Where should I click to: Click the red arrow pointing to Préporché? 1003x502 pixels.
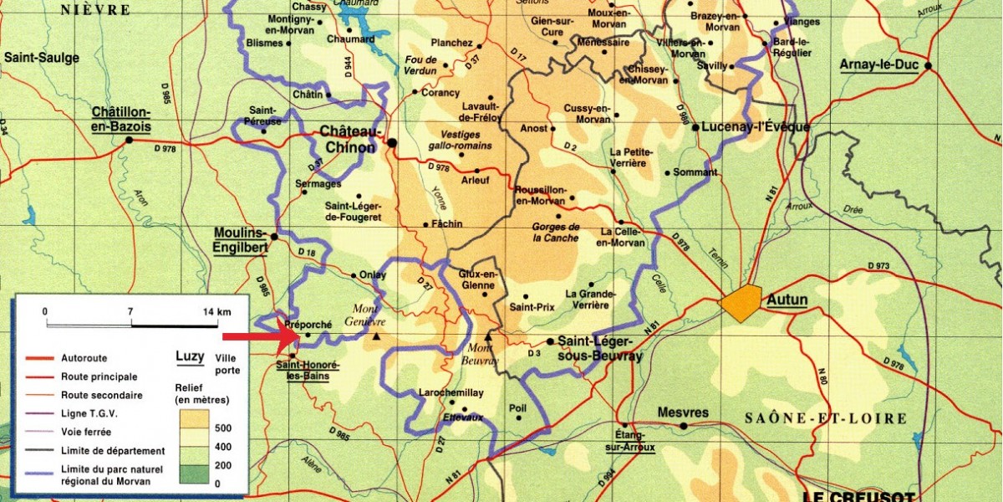[x=260, y=336]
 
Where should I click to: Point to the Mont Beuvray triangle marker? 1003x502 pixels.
[x=489, y=336]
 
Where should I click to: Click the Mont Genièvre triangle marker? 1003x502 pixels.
[x=378, y=336]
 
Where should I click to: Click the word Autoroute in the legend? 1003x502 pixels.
[x=84, y=357]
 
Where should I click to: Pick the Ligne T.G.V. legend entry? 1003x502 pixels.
[x=89, y=413]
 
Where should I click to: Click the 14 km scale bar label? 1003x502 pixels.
[x=217, y=311]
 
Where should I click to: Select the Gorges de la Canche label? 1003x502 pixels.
[x=556, y=232]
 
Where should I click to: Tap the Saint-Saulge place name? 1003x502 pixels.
[x=41, y=58]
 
